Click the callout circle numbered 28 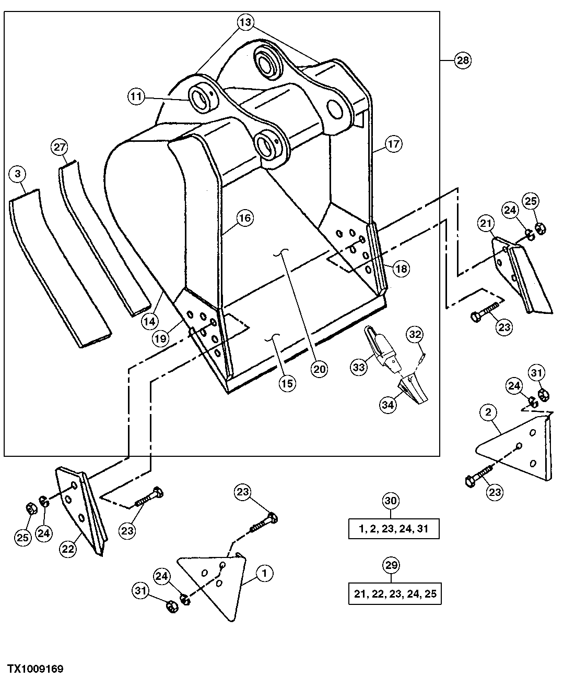tap(462, 60)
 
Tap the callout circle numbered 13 tap(245, 22)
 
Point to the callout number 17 tap(394, 144)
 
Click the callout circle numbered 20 tap(319, 369)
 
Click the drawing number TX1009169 tap(35, 669)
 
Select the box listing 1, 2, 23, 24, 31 tap(394, 529)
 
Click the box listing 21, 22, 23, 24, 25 tap(395, 594)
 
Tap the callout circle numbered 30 tap(392, 501)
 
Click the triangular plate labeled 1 tap(214, 584)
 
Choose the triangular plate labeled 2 tap(517, 448)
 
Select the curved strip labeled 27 tap(102, 240)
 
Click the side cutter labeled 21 tap(522, 276)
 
